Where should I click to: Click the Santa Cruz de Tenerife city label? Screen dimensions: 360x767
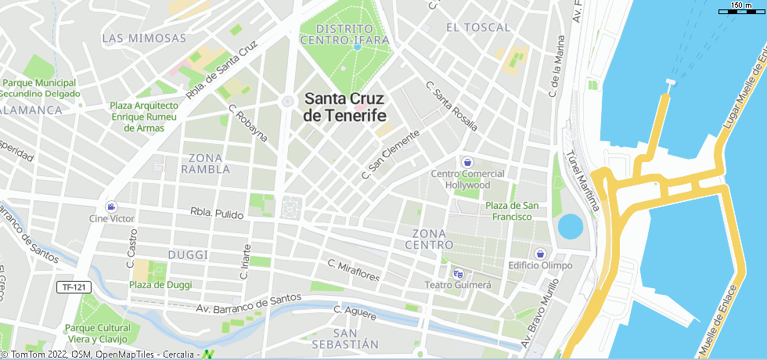(x=345, y=107)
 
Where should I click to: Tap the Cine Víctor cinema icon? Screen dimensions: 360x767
(x=112, y=206)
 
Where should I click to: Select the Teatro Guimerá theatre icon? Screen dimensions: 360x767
(x=458, y=273)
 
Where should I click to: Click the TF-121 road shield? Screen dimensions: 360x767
(x=73, y=287)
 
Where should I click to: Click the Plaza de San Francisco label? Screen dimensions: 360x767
(x=512, y=211)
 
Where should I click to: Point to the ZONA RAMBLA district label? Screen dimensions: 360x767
(x=205, y=163)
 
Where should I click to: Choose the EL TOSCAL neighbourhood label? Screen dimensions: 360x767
(x=477, y=27)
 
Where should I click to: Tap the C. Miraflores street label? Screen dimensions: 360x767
(x=354, y=271)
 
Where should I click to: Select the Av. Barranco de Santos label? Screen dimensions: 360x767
(x=249, y=304)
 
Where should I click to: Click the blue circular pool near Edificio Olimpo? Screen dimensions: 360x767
(x=571, y=227)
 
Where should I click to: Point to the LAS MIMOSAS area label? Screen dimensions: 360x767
(x=144, y=38)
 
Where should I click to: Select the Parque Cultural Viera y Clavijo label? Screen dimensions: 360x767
(x=97, y=333)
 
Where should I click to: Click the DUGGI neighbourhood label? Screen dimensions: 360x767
(x=188, y=255)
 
